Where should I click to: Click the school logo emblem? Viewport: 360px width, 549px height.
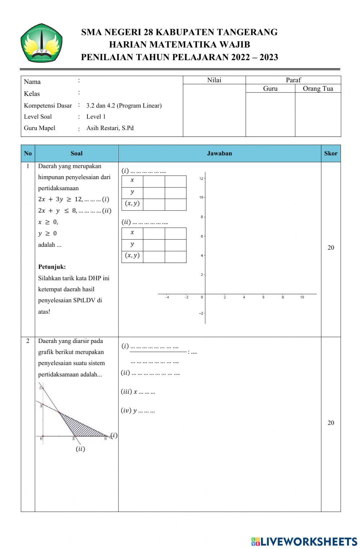click(41, 43)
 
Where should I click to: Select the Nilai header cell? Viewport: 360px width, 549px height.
click(214, 80)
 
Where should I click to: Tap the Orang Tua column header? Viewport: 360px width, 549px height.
click(318, 89)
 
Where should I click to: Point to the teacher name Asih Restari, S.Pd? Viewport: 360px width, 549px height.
click(110, 128)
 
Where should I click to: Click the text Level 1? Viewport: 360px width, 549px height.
click(96, 116)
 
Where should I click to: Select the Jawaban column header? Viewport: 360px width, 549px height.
click(219, 153)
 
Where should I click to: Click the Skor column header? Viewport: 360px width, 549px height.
click(330, 153)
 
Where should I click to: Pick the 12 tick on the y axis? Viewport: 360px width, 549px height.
click(202, 178)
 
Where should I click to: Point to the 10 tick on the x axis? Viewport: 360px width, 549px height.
click(302, 297)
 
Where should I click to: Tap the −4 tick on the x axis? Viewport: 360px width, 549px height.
click(167, 297)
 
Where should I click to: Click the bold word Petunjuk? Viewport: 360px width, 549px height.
click(52, 267)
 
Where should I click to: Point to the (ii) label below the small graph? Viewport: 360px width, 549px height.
click(80, 449)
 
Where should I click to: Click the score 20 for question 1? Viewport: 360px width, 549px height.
click(330, 247)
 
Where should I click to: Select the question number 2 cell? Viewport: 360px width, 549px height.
click(28, 341)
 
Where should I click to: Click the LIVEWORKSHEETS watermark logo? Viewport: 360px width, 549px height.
click(304, 541)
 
